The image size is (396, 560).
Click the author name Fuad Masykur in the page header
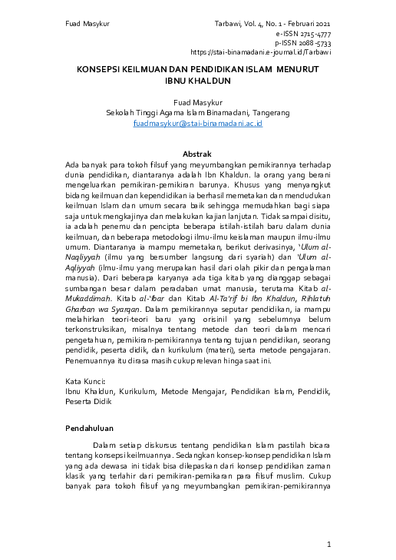(85, 25)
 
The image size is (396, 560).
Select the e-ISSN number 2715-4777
(315, 35)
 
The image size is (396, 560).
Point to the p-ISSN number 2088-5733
(314, 44)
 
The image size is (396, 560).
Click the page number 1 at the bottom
(328, 545)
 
